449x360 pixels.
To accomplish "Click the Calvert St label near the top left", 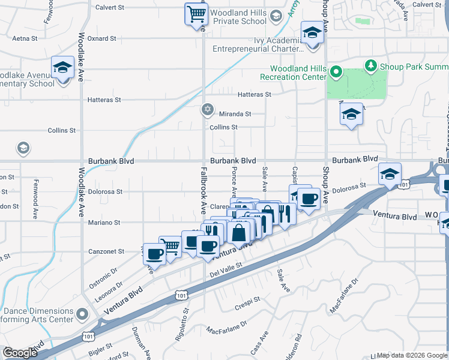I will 110,8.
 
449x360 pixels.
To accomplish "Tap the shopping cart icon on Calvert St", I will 195,13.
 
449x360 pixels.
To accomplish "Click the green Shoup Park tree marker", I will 371,65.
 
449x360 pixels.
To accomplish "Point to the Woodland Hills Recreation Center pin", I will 336,73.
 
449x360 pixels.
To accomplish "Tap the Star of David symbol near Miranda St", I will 208,109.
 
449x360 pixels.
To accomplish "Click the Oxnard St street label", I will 101,38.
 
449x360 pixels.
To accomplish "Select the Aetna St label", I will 25,38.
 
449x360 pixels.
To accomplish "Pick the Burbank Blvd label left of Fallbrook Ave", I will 110,161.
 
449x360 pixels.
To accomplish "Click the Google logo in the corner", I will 20,353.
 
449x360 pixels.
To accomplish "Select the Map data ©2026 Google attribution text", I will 412,355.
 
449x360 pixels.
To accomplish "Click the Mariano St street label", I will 105,222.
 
